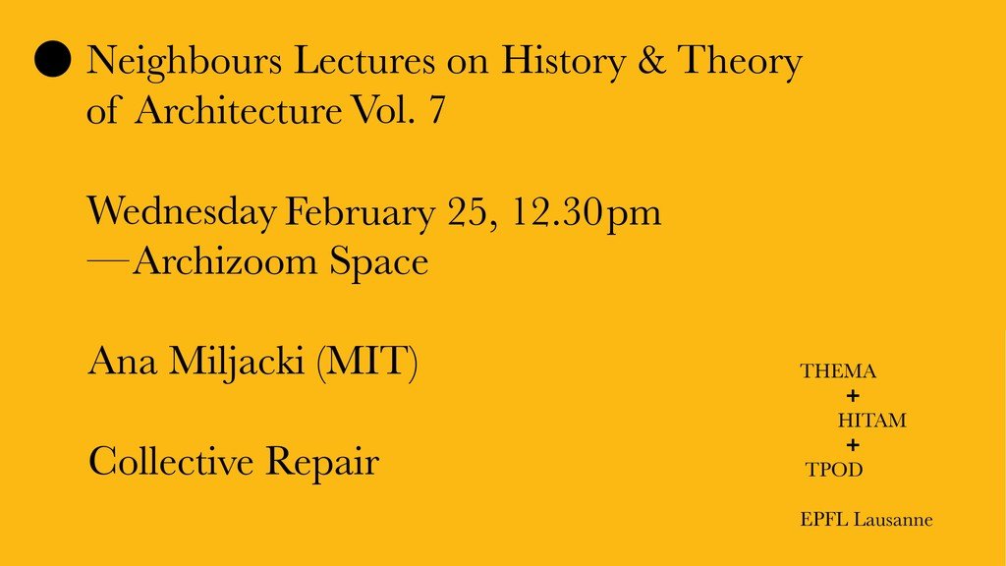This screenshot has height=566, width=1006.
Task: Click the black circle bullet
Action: click(x=53, y=59)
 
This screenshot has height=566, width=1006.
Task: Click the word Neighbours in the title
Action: click(x=184, y=62)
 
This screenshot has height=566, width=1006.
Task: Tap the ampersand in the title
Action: click(x=651, y=60)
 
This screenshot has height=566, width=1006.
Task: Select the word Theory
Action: click(x=740, y=62)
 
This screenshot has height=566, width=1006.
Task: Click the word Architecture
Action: click(x=239, y=109)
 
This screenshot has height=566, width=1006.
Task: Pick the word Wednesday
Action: click(x=182, y=212)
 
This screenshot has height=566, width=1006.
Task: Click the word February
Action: click(x=360, y=212)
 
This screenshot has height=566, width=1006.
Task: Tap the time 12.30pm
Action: click(x=587, y=212)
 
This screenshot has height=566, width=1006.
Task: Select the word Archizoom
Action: click(x=225, y=261)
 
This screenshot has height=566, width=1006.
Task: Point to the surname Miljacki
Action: click(x=237, y=363)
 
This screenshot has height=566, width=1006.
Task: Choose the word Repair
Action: click(x=322, y=463)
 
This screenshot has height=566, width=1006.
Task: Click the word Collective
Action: click(x=171, y=462)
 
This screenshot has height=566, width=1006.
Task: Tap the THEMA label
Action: click(x=838, y=371)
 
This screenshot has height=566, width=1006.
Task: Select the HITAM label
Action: click(x=872, y=421)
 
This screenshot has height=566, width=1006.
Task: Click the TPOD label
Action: click(x=834, y=470)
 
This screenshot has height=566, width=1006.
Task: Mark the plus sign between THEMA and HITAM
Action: click(x=853, y=396)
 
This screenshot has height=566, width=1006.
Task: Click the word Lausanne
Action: click(x=893, y=519)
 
